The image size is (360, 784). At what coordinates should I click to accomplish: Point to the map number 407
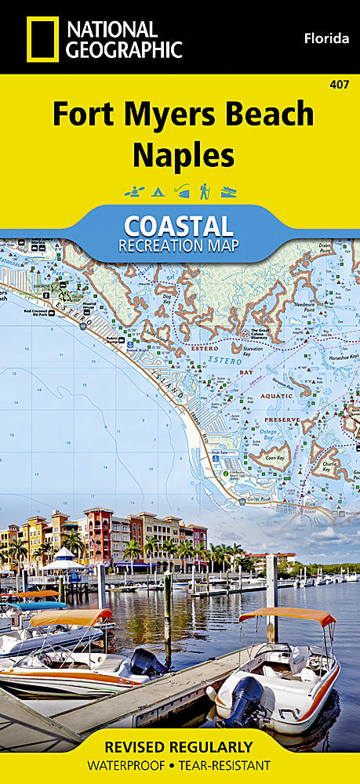coord(340,84)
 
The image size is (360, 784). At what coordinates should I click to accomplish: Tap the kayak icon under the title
coord(133,191)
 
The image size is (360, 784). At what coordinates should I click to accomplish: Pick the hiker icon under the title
coord(204,191)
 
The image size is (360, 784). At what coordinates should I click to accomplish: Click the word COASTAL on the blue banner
coord(178,226)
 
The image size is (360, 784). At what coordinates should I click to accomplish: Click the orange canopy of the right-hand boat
coord(286,616)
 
